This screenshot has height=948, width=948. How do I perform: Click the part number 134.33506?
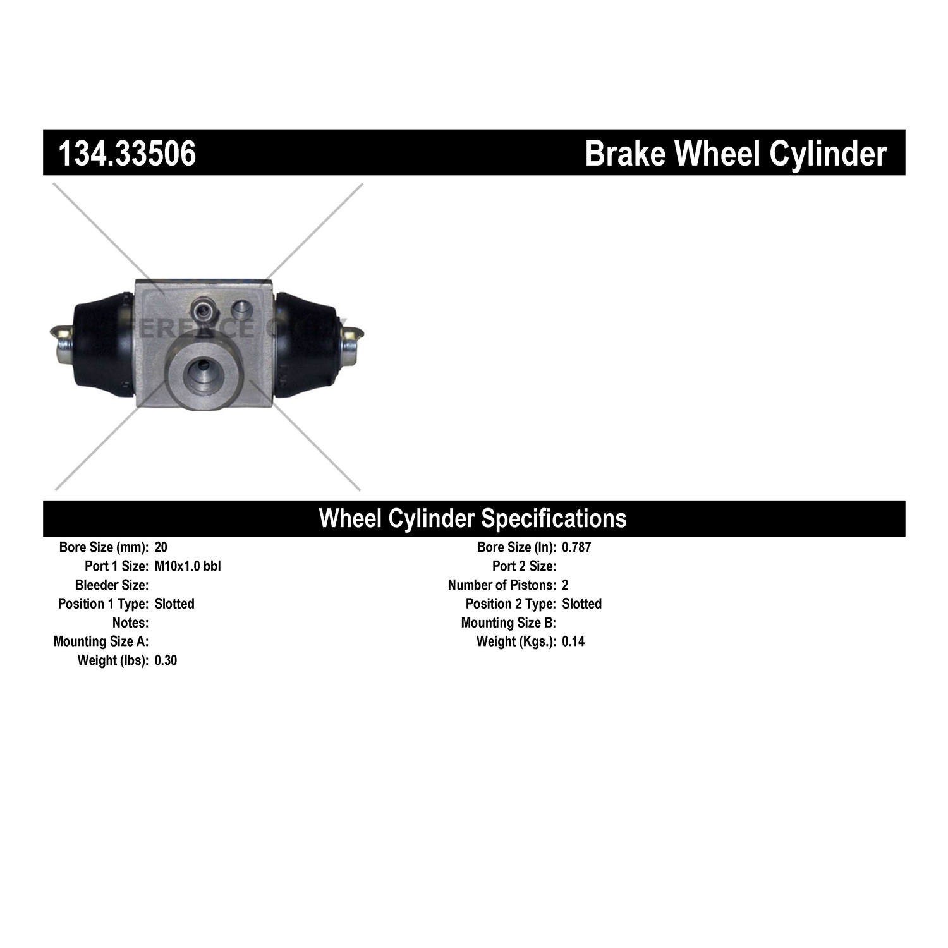click(127, 154)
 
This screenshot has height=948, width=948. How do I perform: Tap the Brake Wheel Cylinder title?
click(735, 154)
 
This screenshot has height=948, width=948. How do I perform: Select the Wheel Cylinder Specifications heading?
click(473, 518)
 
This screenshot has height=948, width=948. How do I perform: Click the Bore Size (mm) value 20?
click(161, 547)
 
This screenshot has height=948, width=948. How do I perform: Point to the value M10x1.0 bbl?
click(188, 566)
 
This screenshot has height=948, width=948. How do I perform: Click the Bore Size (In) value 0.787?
click(576, 547)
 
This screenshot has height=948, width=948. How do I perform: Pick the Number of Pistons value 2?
click(565, 585)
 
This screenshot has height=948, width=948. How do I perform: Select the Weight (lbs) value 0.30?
click(166, 661)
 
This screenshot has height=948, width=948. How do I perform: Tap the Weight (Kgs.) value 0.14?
click(573, 642)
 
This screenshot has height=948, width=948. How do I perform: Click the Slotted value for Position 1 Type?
click(174, 604)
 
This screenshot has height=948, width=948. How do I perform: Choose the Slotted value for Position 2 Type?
click(581, 604)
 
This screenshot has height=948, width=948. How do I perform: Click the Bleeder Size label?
click(112, 585)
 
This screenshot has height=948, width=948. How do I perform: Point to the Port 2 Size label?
click(524, 566)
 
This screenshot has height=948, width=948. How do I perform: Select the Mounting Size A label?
click(101, 642)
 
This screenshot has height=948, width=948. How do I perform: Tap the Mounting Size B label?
click(508, 623)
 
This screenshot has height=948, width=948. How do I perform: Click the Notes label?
click(130, 623)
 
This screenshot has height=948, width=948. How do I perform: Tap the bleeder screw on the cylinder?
click(204, 309)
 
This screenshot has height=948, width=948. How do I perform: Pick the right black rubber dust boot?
click(307, 344)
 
